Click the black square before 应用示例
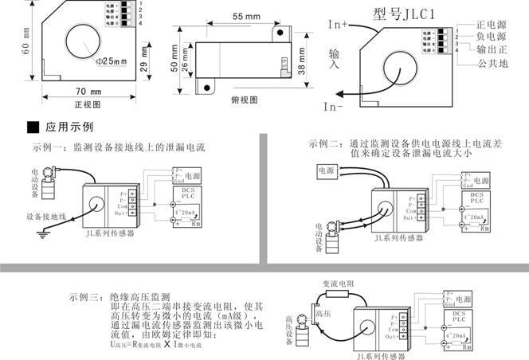(x=33, y=126)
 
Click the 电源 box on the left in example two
(x=326, y=170)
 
